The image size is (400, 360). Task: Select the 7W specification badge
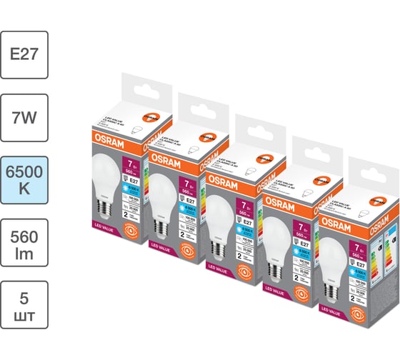[25, 115]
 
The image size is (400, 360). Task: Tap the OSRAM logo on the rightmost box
[335, 219]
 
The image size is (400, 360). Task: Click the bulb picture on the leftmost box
[108, 179]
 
